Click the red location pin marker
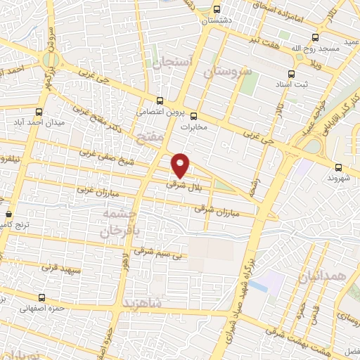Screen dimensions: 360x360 tap(181, 165)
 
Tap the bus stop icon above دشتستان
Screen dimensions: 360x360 tap(217, 10)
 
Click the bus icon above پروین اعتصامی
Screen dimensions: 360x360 tap(160, 101)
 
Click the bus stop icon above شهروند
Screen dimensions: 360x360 tap(339, 167)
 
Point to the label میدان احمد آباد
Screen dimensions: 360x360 tap(60, 123)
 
